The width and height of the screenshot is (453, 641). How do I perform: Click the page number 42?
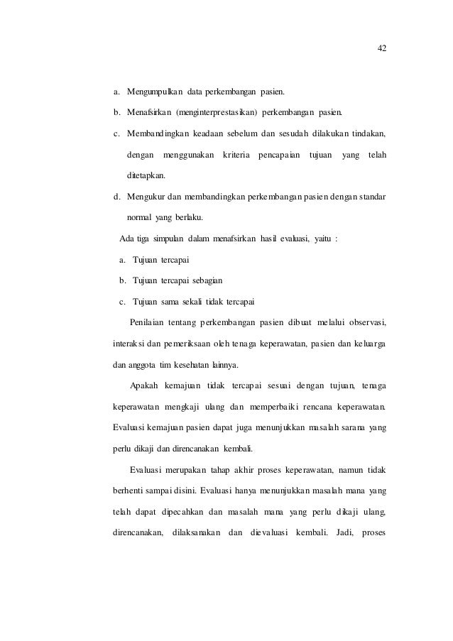381,48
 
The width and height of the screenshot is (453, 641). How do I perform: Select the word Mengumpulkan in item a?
154,92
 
